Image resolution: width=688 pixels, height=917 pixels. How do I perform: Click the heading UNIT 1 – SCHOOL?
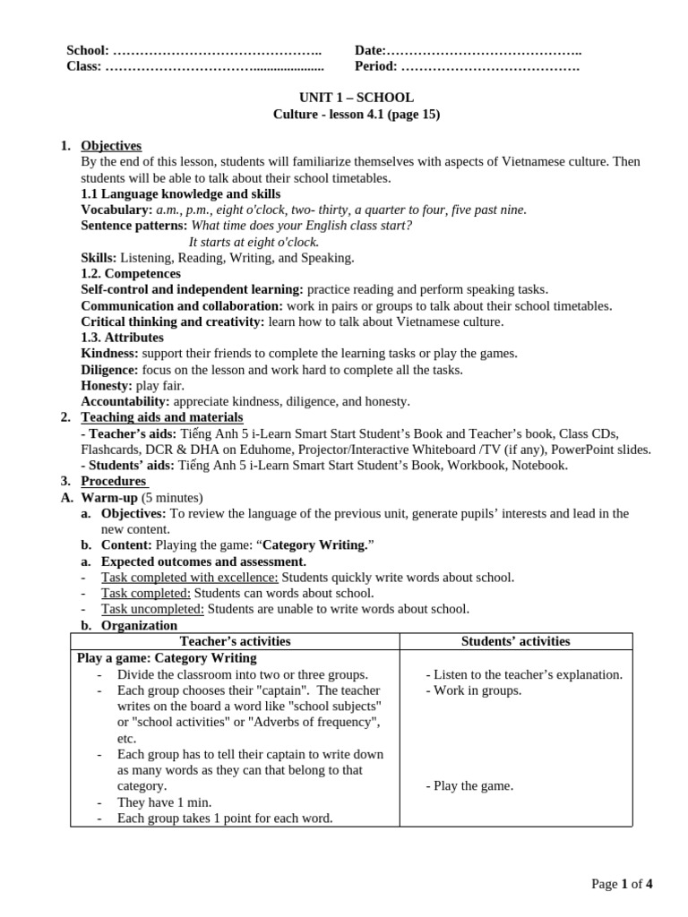pyautogui.click(x=356, y=98)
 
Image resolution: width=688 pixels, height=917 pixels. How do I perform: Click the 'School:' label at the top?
pyautogui.click(x=88, y=51)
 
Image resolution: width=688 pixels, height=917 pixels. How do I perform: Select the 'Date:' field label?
pyautogui.click(x=370, y=51)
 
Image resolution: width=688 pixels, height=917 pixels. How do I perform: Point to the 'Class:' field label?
pyautogui.click(x=84, y=66)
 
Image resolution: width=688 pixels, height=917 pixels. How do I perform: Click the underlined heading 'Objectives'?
pyautogui.click(x=111, y=146)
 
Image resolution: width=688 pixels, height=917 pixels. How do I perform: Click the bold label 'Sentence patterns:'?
pyautogui.click(x=134, y=226)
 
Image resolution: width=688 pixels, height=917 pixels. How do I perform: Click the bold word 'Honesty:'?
pyautogui.click(x=107, y=386)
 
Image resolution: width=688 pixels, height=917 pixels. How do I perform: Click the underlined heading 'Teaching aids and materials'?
pyautogui.click(x=162, y=417)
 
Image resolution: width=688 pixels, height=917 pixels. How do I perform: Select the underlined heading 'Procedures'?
pyautogui.click(x=114, y=482)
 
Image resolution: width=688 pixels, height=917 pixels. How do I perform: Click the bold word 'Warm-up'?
pyautogui.click(x=109, y=498)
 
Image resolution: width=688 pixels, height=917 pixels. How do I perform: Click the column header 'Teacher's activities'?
pyautogui.click(x=235, y=641)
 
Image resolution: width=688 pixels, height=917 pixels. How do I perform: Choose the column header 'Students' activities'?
pyautogui.click(x=515, y=641)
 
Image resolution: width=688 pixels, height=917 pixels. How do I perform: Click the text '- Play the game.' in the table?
pyautogui.click(x=469, y=786)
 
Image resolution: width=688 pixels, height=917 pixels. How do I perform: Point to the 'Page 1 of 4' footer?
pyautogui.click(x=622, y=885)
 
